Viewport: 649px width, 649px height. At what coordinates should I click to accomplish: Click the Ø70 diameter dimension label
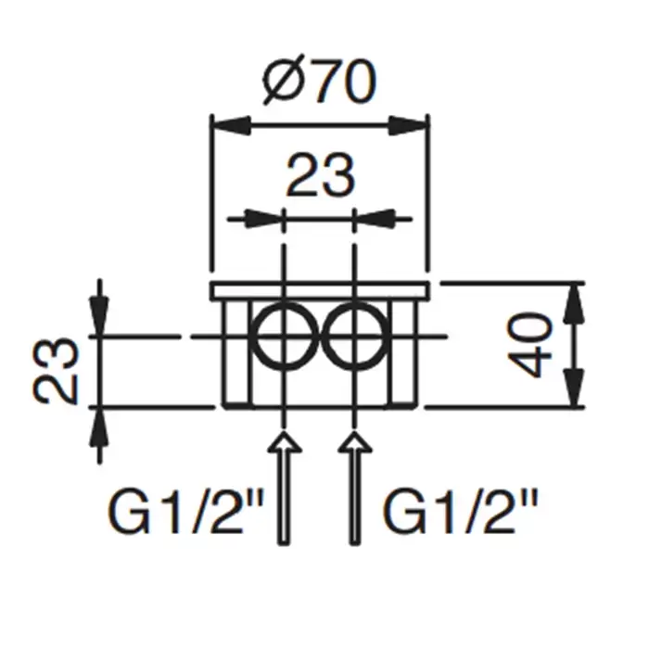[x=320, y=80]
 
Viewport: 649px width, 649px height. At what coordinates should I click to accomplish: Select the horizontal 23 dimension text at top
[x=321, y=175]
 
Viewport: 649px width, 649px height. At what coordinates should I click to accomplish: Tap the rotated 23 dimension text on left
[x=56, y=371]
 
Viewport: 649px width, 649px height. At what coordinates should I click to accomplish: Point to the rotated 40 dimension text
[x=529, y=345]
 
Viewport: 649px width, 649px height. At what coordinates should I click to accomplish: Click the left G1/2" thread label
[x=185, y=512]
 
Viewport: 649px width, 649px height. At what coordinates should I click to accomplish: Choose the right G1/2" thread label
[x=460, y=512]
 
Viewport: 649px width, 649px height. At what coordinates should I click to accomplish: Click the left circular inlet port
[x=285, y=336]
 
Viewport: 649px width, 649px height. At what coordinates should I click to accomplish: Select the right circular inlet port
[x=354, y=336]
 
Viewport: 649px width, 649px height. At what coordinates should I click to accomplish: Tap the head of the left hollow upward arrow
[x=284, y=441]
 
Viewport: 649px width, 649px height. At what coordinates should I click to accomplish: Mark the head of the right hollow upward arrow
[x=354, y=441]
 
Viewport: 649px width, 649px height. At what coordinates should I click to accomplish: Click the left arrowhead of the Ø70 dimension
[x=231, y=125]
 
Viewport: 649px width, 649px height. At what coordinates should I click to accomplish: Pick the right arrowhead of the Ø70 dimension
[x=408, y=125]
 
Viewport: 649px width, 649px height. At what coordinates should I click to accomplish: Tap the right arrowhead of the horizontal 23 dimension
[x=374, y=219]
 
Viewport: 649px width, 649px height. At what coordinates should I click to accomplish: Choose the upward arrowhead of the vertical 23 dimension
[x=99, y=427]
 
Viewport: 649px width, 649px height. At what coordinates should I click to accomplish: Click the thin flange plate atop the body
[x=320, y=290]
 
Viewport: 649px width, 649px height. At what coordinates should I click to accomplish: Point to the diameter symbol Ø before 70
[x=284, y=80]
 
